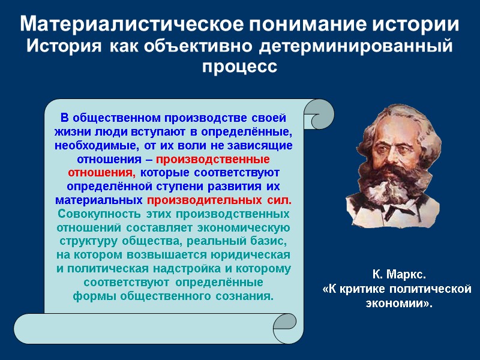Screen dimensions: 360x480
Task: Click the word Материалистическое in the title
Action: (x=132, y=25)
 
